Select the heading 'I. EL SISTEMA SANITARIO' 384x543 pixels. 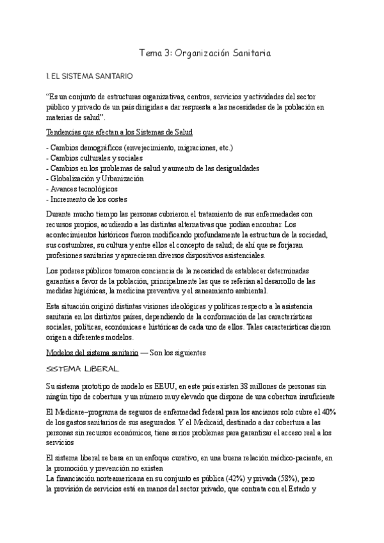pos(89,77)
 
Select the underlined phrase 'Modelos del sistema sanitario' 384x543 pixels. pos(92,353)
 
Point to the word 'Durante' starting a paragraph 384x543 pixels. pos(60,215)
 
